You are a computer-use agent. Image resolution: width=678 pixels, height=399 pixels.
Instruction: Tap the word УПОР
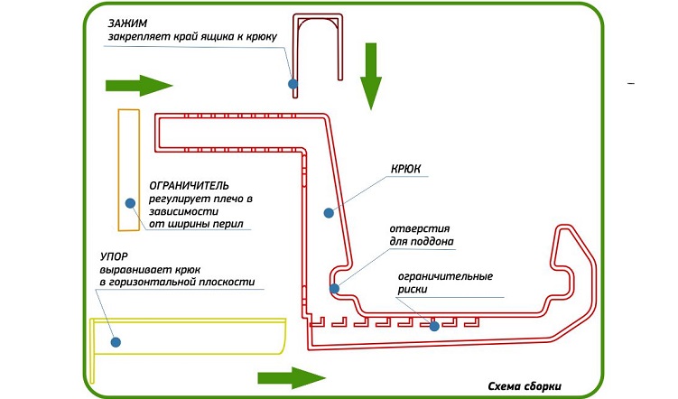click(x=115, y=255)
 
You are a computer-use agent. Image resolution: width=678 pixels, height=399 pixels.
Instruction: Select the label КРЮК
click(x=407, y=169)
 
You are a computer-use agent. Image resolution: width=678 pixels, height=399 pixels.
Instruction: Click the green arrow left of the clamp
click(x=138, y=86)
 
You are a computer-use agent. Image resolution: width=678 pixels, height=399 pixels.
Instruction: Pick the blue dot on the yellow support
click(x=116, y=340)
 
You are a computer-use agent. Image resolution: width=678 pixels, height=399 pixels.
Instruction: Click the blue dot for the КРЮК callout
click(x=330, y=213)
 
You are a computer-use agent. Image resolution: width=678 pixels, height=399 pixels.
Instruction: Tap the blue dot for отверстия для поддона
click(x=334, y=289)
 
